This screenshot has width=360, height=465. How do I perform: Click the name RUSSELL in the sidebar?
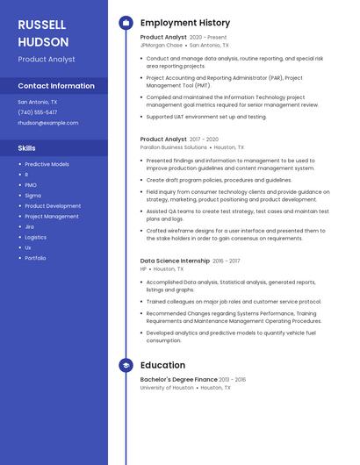point(43,25)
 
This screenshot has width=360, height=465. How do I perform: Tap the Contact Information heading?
point(56,86)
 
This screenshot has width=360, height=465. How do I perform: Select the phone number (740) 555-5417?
point(38,112)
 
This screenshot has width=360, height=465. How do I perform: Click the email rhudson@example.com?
point(48,123)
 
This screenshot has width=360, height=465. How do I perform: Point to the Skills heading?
point(27,148)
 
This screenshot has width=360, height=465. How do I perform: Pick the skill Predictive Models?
point(47,164)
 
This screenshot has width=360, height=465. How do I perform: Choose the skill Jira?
point(29,226)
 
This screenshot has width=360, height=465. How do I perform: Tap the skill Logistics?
point(35,237)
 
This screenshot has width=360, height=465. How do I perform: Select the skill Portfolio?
point(35,258)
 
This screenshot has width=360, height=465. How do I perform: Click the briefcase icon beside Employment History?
point(126,23)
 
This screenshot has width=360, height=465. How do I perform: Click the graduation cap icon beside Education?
point(126,365)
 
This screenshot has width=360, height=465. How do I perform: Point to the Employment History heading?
point(185,23)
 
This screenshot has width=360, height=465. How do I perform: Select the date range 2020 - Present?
point(208,38)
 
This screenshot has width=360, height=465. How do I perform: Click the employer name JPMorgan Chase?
point(161,45)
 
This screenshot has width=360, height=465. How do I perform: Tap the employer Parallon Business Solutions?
point(174,147)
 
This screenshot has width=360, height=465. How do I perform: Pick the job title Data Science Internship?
point(175,261)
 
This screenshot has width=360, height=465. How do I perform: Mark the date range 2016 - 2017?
point(226,261)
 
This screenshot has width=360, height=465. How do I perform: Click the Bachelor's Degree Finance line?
point(179,380)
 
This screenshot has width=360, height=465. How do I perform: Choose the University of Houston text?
point(167,387)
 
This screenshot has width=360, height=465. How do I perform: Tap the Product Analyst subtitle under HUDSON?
point(47,60)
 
